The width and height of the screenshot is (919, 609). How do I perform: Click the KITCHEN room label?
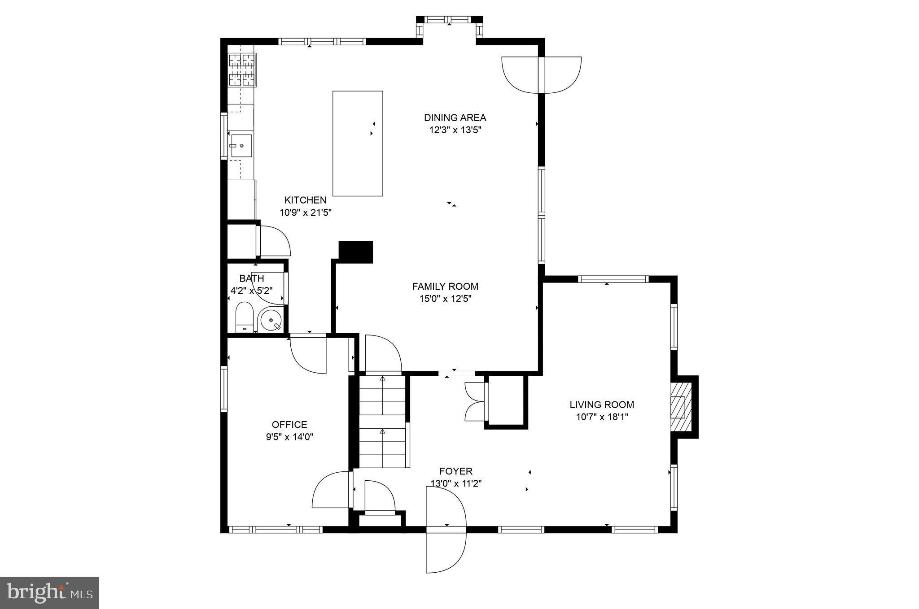tap(305, 200)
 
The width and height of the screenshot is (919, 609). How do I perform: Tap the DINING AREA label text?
tap(455, 117)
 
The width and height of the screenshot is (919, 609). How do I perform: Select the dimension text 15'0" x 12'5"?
tap(445, 299)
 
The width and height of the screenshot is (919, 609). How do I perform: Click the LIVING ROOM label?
tap(602, 405)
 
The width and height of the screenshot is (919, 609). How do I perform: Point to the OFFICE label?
tap(289, 424)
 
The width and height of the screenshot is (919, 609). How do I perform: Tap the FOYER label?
tap(455, 471)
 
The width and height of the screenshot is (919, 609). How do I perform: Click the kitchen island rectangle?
tap(358, 144)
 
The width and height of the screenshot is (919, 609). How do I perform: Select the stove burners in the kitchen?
tap(242, 70)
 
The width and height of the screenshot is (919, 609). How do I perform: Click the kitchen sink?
tap(241, 145)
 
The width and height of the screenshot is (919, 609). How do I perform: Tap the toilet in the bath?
tap(245, 317)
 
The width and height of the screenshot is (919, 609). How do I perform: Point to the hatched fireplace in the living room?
tap(680, 406)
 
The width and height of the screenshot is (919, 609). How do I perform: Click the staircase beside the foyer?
tap(382, 422)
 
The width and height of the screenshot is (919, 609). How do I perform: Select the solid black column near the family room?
tap(355, 252)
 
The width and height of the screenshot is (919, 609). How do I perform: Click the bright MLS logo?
tap(49, 593)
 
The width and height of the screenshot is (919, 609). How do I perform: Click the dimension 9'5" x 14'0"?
tap(289, 437)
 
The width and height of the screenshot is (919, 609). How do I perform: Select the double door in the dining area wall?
tap(541, 75)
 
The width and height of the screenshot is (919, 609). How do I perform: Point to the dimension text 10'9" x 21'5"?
tap(305, 213)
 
